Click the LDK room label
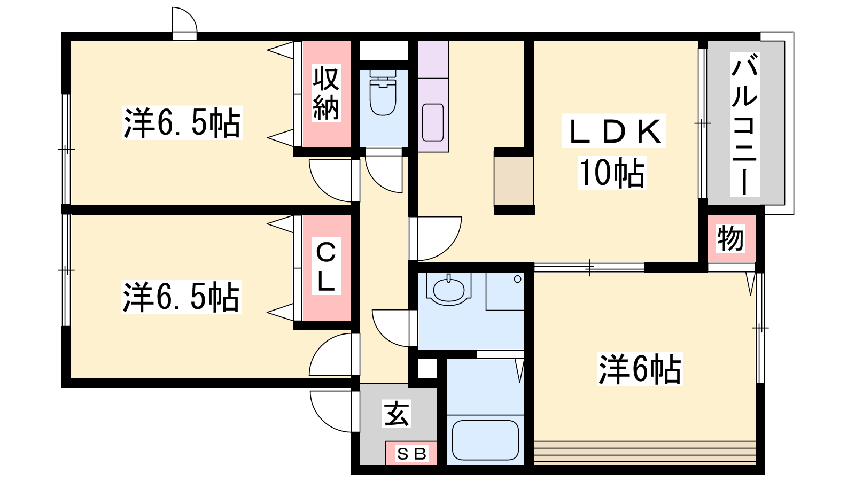point(613,131)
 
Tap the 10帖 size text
point(612,173)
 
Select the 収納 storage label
point(327,94)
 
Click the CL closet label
point(326,267)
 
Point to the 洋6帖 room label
point(640,369)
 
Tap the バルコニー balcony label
point(745,125)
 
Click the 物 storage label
point(730,238)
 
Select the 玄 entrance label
point(396,414)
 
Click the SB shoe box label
point(411,454)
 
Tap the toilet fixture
point(383,93)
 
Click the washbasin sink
point(448,289)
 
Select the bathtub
point(485,440)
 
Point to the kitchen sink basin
point(433,122)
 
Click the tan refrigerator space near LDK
point(514,181)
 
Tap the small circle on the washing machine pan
point(518,279)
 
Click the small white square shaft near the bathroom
point(428,368)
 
